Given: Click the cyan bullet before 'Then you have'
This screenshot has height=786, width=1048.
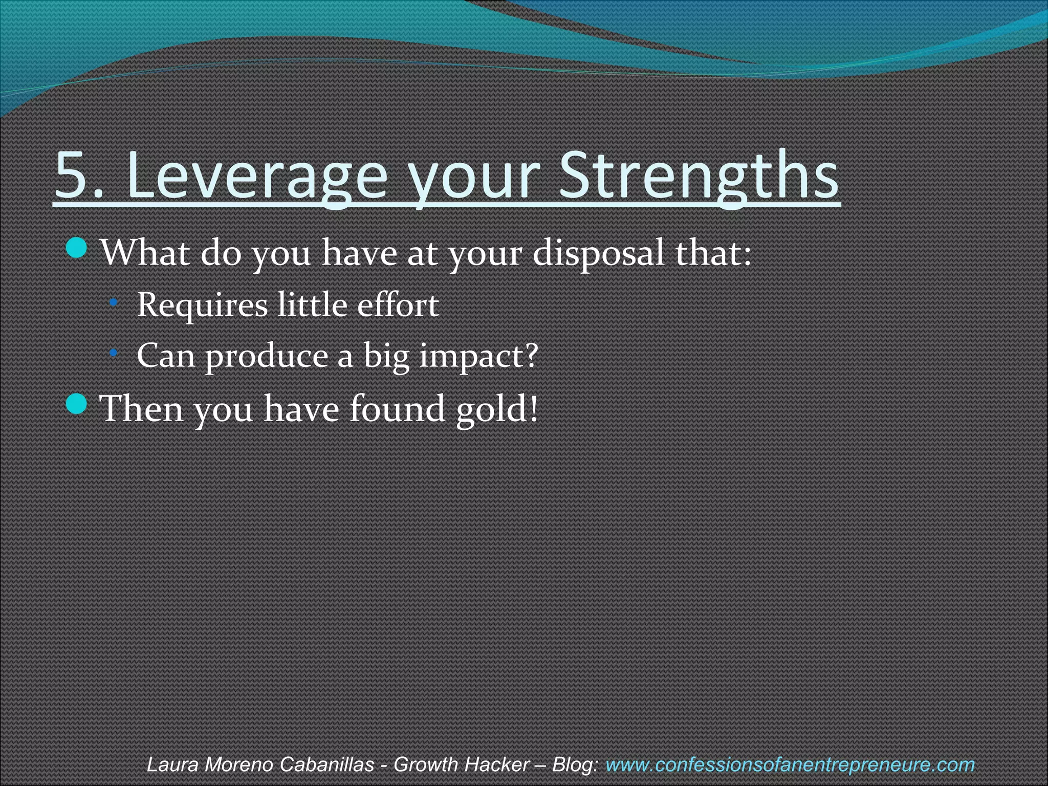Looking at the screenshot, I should [x=77, y=404].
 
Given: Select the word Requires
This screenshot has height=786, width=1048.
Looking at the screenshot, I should [x=203, y=305].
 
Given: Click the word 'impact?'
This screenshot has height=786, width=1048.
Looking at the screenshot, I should [x=479, y=356].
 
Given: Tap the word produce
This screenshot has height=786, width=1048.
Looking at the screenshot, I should [x=266, y=356].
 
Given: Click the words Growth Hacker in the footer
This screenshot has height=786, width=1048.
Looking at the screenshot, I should [x=461, y=765].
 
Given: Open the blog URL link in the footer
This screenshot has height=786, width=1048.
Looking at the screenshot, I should [x=790, y=765].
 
